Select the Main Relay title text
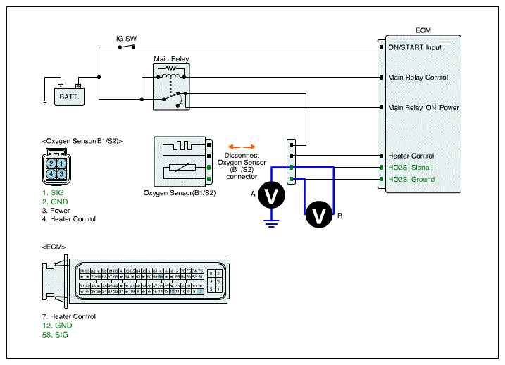[x=171, y=59]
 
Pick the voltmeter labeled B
[x=319, y=215]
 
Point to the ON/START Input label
[x=414, y=47]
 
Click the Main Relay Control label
[x=418, y=78]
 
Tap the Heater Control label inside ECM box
[x=411, y=156]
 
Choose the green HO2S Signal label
[x=409, y=168]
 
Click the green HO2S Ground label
[x=411, y=179]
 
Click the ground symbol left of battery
[x=44, y=101]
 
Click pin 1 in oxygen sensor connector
[x=62, y=163]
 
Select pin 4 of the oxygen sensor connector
[x=52, y=173]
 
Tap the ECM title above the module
[x=423, y=30]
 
